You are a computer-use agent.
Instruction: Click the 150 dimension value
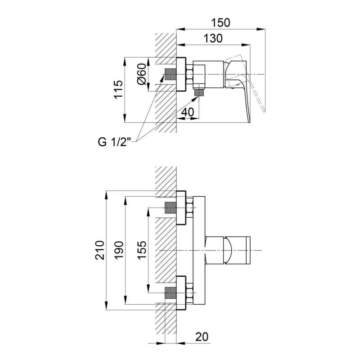pyautogui.click(x=220, y=23)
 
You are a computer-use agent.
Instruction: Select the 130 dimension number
pyautogui.click(x=213, y=38)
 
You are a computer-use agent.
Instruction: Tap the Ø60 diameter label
pyautogui.click(x=141, y=74)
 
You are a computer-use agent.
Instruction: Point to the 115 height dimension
pyautogui.click(x=119, y=90)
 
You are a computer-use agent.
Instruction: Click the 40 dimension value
pyautogui.click(x=188, y=112)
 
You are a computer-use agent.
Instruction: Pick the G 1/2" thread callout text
pyautogui.click(x=114, y=142)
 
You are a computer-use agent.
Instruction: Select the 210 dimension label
pyautogui.click(x=99, y=250)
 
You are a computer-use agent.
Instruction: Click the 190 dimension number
pyautogui.click(x=119, y=250)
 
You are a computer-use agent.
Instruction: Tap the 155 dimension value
pyautogui.click(x=142, y=250)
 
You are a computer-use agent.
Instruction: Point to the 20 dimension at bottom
pyautogui.click(x=202, y=337)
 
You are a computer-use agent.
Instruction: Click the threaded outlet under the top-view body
pyautogui.click(x=199, y=93)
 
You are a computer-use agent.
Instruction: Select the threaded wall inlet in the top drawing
pyautogui.click(x=171, y=74)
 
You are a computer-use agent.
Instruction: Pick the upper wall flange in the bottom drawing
pyautogui.click(x=181, y=207)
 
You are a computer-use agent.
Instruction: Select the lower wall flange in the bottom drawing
pyautogui.click(x=181, y=293)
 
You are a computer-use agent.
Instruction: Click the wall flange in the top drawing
pyautogui.click(x=181, y=74)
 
